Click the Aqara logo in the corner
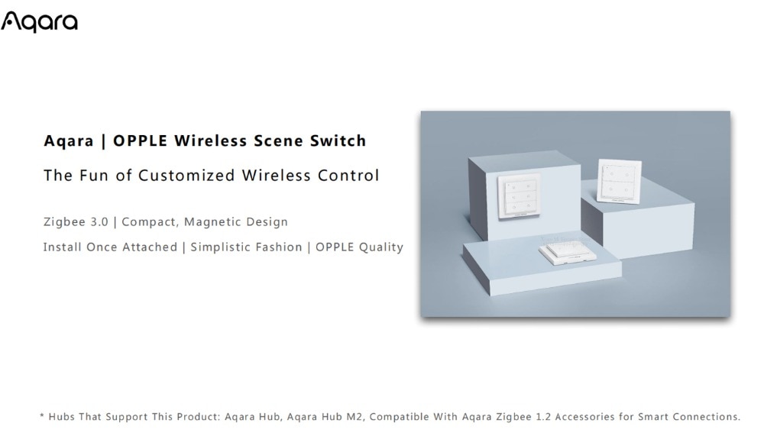pos(39,22)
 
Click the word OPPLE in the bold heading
pos(141,140)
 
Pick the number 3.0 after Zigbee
pos(99,222)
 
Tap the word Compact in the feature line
pos(150,222)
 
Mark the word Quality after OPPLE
pos(381,247)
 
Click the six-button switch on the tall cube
pos(519,195)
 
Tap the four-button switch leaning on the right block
pos(619,181)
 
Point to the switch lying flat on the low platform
pos(567,252)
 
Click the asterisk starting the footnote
pos(42,415)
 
